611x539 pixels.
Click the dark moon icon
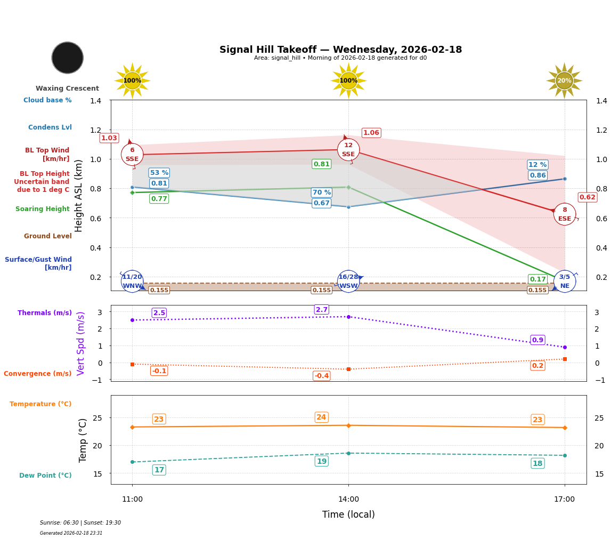pyautogui.click(x=68, y=58)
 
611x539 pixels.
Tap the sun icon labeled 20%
pyautogui.click(x=564, y=81)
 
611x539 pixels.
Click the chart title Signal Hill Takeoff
pyautogui.click(x=340, y=50)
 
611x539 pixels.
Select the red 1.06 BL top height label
pyautogui.click(x=371, y=133)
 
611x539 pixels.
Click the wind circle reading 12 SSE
pyautogui.click(x=348, y=150)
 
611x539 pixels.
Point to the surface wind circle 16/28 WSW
pyautogui.click(x=348, y=281)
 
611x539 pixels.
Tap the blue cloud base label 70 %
pyautogui.click(x=322, y=192)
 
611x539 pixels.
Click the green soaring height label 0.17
pyautogui.click(x=537, y=279)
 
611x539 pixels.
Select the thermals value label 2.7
pyautogui.click(x=322, y=310)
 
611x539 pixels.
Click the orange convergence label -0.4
pyautogui.click(x=322, y=376)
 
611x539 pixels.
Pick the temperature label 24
pyautogui.click(x=322, y=417)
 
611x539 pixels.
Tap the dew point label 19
pyautogui.click(x=322, y=461)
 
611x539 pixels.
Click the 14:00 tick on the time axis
pyautogui.click(x=348, y=500)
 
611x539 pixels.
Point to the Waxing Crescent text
pyautogui.click(x=67, y=89)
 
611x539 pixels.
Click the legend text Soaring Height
pyautogui.click(x=43, y=209)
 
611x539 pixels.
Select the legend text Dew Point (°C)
pyautogui.click(x=45, y=476)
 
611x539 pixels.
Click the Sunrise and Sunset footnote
pyautogui.click(x=80, y=523)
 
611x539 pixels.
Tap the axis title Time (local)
pyautogui.click(x=348, y=514)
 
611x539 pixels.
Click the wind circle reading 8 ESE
pyautogui.click(x=565, y=214)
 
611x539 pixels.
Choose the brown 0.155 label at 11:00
pyautogui.click(x=159, y=291)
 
